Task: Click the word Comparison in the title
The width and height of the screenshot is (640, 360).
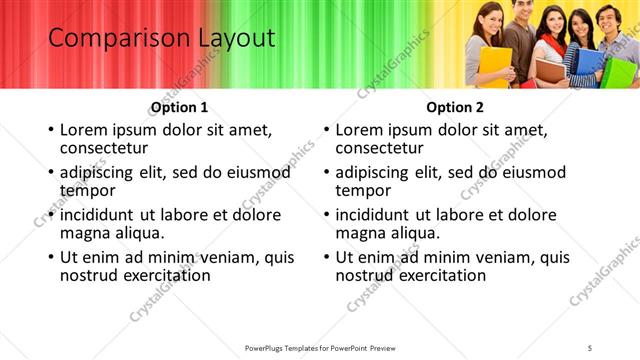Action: click(111, 40)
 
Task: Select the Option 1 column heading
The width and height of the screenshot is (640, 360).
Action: click(179, 107)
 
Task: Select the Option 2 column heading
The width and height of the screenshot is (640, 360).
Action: click(454, 107)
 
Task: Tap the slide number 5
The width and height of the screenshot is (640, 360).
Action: click(589, 347)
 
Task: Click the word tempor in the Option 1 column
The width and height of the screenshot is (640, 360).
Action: click(88, 190)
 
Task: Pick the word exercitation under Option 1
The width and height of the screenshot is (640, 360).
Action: click(163, 274)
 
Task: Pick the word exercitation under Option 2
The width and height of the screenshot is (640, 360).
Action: click(438, 274)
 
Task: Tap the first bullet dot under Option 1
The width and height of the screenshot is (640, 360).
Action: click(50, 131)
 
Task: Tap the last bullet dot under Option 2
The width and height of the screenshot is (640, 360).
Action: click(325, 257)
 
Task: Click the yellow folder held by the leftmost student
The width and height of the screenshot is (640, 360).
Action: click(494, 64)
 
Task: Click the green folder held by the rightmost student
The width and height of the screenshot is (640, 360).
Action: click(620, 70)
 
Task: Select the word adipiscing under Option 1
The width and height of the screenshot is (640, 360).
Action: click(101, 172)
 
